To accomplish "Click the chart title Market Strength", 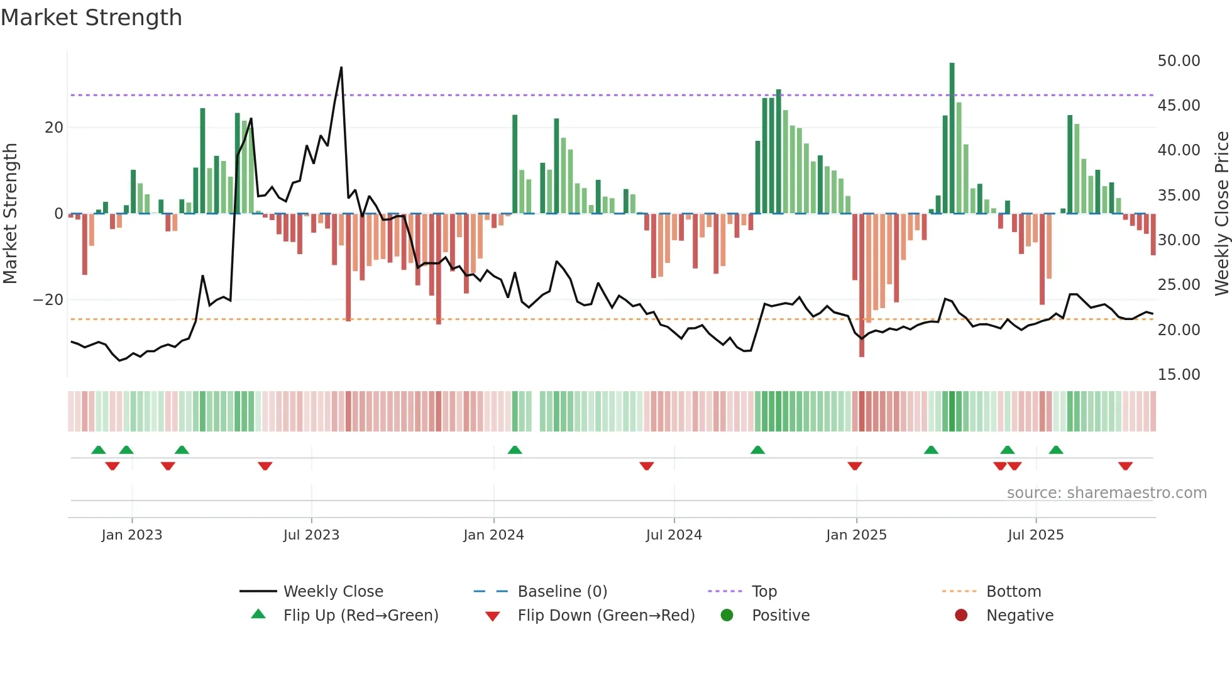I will (x=91, y=18).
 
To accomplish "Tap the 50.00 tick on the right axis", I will (x=1179, y=61).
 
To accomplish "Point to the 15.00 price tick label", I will (x=1179, y=375).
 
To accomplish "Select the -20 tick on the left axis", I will (x=48, y=300).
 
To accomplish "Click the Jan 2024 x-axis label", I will (x=493, y=535).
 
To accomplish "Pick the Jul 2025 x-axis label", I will (x=1035, y=535).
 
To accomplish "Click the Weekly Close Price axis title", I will (x=1221, y=214).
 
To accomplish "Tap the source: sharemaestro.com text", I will (x=1106, y=493).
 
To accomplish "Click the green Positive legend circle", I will (x=727, y=616).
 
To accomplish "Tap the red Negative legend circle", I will (x=961, y=616).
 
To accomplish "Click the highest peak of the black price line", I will (x=341, y=67).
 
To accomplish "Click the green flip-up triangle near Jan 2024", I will (x=515, y=450).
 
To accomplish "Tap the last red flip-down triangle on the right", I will (x=1125, y=466).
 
